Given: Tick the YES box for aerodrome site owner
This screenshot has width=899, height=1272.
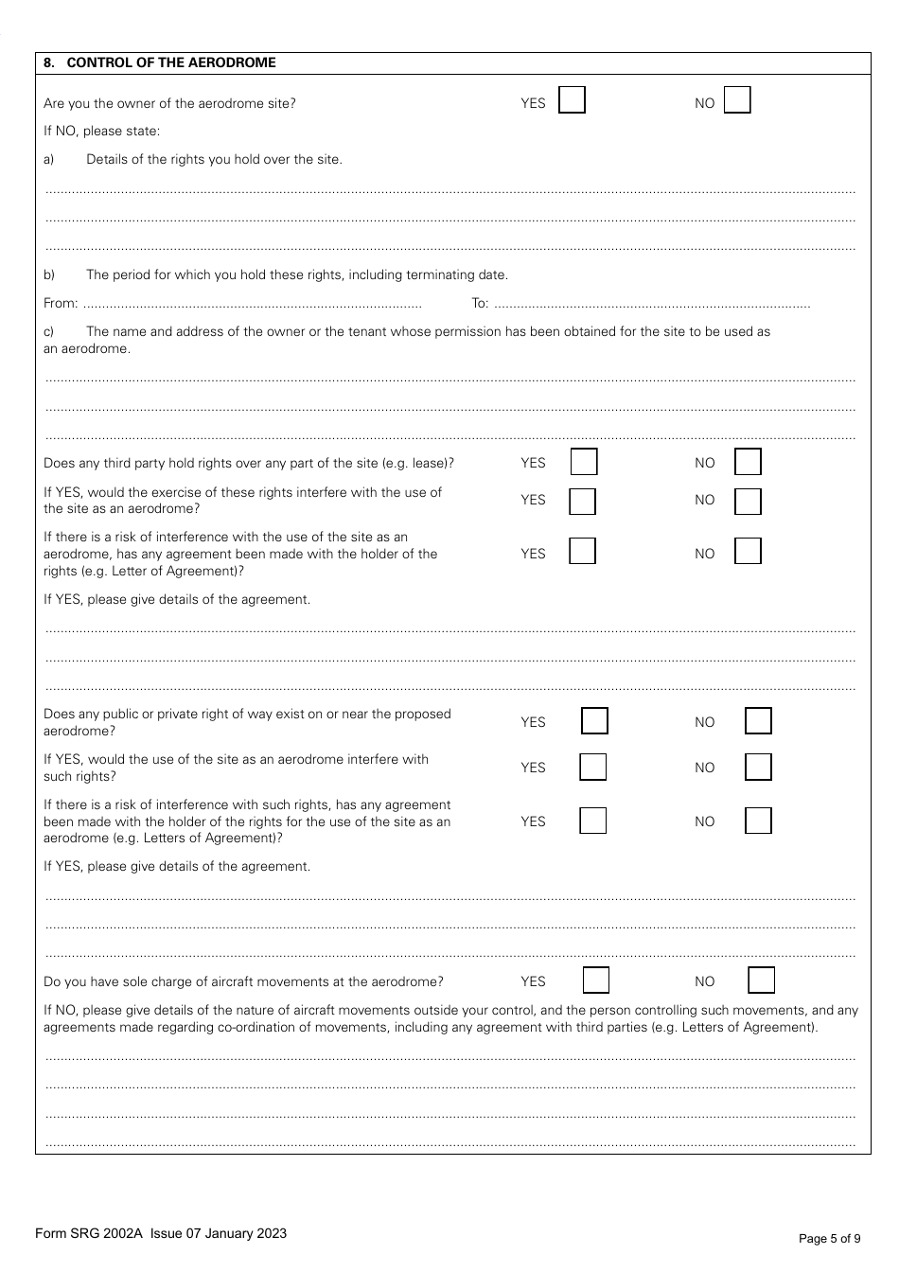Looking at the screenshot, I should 572,100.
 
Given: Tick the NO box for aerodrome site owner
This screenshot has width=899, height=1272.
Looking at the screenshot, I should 737,100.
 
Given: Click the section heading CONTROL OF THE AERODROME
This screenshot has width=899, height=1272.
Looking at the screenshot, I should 171,62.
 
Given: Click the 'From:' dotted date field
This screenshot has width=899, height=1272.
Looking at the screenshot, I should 252,305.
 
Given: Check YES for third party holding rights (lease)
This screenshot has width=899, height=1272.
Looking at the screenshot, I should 584,462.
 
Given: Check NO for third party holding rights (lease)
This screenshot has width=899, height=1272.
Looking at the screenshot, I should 748,462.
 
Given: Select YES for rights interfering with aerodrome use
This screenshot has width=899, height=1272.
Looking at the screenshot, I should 582,501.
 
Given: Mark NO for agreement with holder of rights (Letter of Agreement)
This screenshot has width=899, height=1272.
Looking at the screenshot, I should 748,551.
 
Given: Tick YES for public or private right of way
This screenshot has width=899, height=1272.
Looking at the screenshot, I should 594,721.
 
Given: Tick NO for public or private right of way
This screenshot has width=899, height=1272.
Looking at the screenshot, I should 758,721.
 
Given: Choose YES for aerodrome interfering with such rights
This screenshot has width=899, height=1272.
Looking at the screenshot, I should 592,767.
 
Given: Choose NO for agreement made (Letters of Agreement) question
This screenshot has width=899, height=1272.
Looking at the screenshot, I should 758,821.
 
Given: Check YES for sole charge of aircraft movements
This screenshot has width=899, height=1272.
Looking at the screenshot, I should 595,980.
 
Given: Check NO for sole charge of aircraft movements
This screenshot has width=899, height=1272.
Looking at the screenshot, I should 761,980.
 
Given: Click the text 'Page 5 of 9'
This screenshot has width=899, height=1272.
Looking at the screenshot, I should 829,1238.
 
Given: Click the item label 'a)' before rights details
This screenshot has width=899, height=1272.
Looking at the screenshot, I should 49,159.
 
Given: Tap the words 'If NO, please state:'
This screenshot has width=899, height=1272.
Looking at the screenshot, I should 102,131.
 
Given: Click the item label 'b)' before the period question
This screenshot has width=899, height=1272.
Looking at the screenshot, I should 49,275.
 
